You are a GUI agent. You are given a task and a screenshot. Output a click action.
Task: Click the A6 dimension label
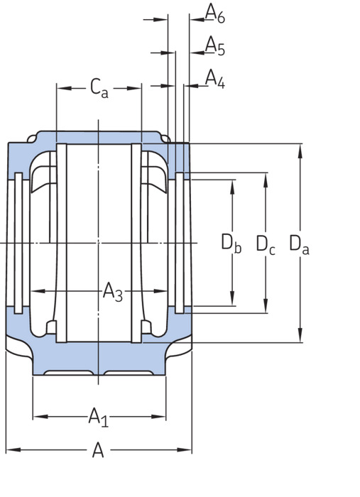tap(215, 13)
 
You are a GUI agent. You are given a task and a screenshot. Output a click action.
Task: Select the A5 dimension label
tap(215, 45)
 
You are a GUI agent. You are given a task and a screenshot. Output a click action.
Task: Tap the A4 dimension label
tap(215, 79)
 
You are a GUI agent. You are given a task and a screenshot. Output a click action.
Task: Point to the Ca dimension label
tap(99, 88)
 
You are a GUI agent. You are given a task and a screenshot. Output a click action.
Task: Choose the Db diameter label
tap(231, 244)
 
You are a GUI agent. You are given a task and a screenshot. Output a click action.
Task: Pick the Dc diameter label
tap(266, 244)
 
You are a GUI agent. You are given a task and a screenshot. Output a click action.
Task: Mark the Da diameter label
tap(299, 244)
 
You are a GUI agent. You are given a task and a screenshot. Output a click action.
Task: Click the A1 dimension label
tap(99, 417)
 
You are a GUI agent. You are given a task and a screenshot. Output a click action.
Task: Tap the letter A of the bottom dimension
tap(98, 450)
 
